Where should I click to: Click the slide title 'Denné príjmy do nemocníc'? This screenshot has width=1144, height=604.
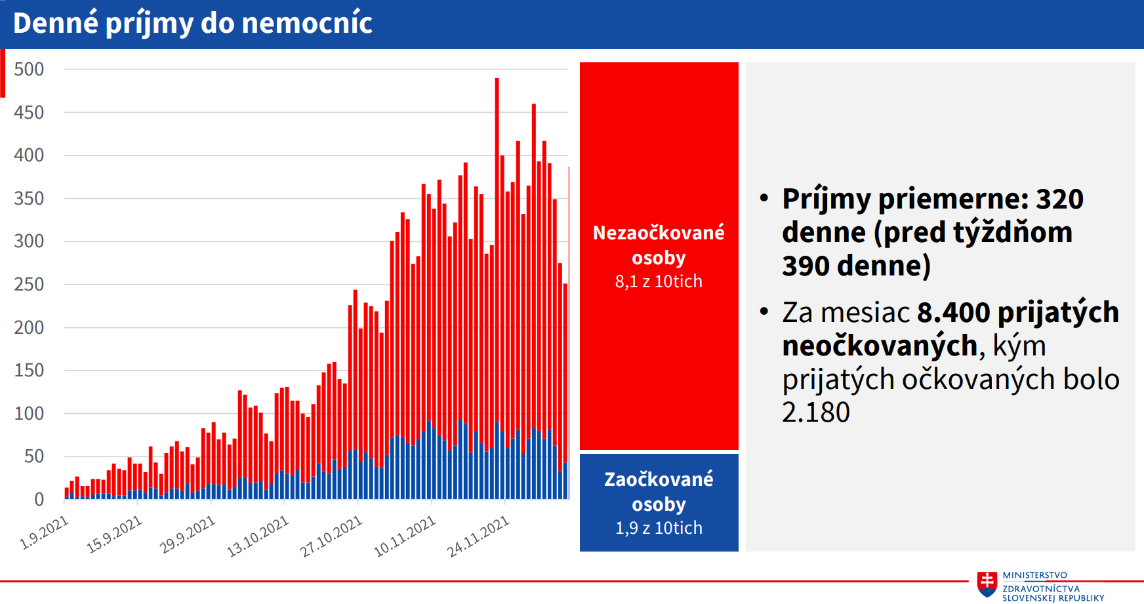point(192,24)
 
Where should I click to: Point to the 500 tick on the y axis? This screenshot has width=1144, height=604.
point(29,70)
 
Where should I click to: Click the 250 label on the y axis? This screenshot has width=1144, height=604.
point(29,285)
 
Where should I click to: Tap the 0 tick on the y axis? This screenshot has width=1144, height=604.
point(39,500)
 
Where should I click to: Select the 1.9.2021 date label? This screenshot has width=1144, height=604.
point(45,532)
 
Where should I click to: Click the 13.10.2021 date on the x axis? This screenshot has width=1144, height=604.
point(258,536)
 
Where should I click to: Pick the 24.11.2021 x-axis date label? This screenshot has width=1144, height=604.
point(478,536)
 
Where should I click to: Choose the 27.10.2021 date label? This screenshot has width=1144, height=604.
point(331,536)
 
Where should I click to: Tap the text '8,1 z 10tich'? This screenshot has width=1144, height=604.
point(659,281)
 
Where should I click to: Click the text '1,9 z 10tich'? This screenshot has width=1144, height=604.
point(659,528)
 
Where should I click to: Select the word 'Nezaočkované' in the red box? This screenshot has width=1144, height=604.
point(659,233)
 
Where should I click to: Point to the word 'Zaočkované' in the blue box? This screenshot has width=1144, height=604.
point(659,479)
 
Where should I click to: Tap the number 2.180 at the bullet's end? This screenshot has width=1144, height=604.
point(816,413)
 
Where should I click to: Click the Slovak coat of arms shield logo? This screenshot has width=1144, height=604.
point(987,584)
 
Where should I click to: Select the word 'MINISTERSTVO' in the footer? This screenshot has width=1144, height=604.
point(1034,575)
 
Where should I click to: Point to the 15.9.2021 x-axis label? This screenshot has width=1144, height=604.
point(114,534)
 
